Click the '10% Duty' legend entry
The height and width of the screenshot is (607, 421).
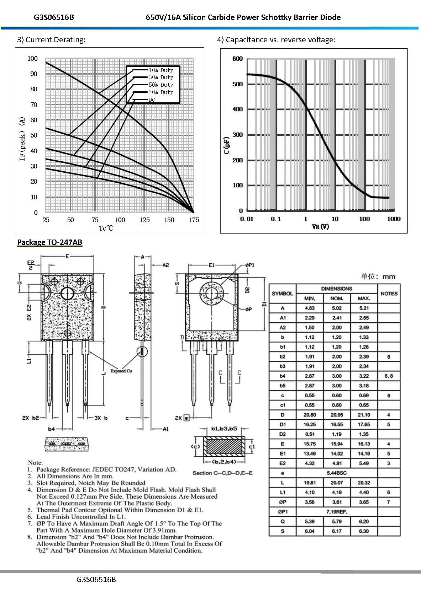point(160,70)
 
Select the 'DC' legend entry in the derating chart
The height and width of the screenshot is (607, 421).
point(152,100)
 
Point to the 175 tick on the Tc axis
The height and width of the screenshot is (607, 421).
point(194,220)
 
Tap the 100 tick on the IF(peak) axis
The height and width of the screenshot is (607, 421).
point(32,59)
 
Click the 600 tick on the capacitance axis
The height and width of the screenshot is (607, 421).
point(237,59)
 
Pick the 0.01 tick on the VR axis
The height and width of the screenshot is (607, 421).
point(247,219)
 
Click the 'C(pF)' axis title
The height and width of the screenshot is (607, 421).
point(227,145)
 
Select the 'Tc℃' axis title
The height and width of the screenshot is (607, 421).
point(106,228)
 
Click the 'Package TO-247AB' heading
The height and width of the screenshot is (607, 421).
point(49,242)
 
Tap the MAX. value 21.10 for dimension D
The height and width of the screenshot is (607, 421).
point(364,415)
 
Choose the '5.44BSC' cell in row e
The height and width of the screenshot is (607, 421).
point(337,473)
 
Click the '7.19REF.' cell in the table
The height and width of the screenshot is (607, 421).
point(337,512)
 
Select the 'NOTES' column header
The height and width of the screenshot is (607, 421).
point(389,294)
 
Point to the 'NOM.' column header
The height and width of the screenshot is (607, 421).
point(337,299)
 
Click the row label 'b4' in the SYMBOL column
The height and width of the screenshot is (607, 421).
point(282,376)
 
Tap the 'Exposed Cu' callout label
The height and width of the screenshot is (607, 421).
point(121,371)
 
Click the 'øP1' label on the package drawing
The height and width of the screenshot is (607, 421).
point(250,265)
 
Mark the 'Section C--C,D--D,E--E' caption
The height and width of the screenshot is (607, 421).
point(222,473)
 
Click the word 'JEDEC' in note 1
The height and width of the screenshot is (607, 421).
point(102,469)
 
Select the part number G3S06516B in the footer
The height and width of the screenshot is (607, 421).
point(96,580)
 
